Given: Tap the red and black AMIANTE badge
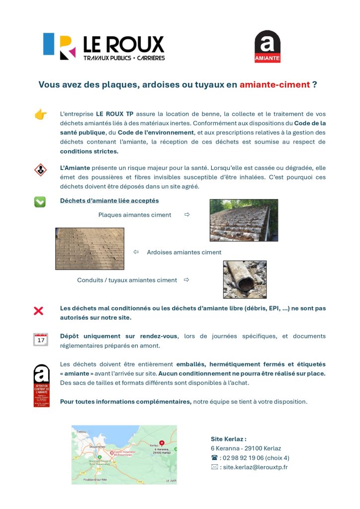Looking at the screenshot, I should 268,47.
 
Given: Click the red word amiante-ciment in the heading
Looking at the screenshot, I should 274,85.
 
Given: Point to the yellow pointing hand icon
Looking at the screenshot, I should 40,115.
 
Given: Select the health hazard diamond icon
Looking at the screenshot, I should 40,170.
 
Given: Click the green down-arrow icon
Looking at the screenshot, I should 40,201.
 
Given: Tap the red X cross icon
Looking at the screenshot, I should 38,311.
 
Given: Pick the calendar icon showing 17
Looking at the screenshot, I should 40,340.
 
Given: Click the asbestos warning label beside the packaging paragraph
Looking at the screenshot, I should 41,386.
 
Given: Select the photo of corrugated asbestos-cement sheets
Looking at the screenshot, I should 244,220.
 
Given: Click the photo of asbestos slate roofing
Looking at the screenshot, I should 90,249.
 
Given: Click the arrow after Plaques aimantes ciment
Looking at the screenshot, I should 187,215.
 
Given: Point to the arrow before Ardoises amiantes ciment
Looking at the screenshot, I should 136,252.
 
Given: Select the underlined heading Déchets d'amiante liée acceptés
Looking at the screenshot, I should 109,201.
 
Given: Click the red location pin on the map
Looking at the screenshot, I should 162,443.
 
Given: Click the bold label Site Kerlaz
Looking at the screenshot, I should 228,439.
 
